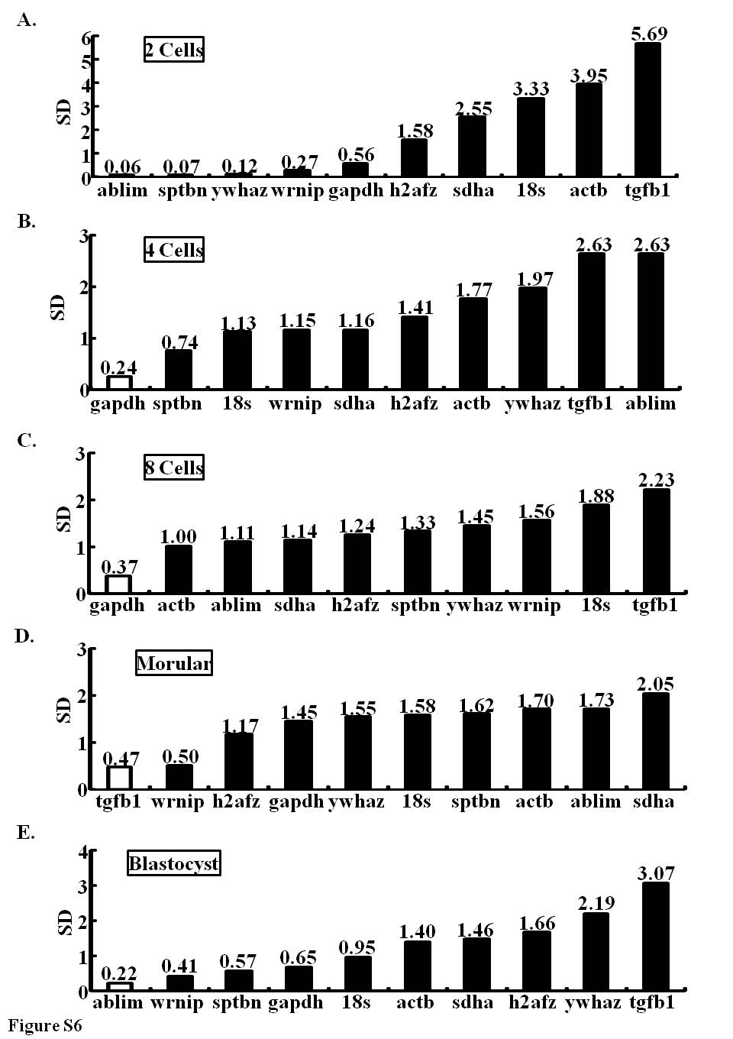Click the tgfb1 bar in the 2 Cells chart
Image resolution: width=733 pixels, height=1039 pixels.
click(x=647, y=109)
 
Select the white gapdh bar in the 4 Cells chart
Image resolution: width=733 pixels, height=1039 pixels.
click(x=120, y=382)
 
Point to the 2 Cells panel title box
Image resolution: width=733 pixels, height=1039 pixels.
click(x=174, y=49)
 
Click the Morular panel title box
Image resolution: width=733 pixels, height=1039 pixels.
click(x=174, y=662)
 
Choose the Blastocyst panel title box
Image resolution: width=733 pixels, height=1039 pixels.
click(x=174, y=863)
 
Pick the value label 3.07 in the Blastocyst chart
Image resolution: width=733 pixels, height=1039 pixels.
click(x=656, y=874)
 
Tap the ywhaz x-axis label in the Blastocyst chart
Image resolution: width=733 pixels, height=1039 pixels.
click(x=593, y=1003)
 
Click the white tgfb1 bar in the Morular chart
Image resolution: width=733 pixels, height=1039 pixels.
click(x=120, y=778)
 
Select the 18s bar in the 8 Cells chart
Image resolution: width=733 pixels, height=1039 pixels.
click(x=596, y=549)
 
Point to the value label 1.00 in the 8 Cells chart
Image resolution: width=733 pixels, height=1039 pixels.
click(x=179, y=536)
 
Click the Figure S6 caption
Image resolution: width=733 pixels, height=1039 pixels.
click(x=45, y=1024)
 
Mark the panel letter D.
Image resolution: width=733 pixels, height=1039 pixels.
click(x=24, y=636)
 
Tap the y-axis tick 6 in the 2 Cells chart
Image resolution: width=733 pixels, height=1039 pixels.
click(x=86, y=39)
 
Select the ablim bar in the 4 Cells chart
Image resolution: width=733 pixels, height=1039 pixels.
click(x=651, y=321)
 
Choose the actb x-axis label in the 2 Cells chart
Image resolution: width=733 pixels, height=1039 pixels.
click(x=589, y=190)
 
